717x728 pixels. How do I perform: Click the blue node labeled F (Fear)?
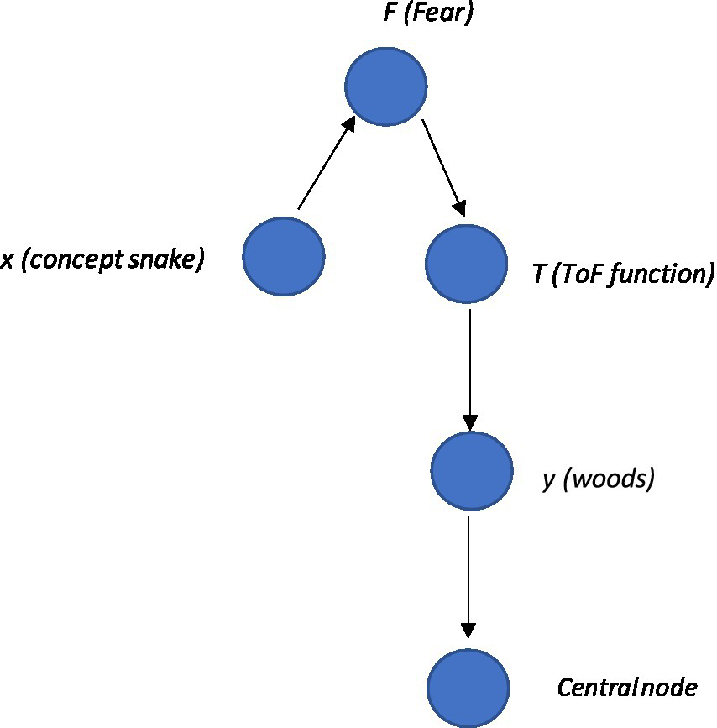[386, 86]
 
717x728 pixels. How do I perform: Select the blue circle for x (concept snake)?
[284, 256]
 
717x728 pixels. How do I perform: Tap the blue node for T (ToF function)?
[466, 264]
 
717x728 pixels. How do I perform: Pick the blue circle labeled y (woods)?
[471, 470]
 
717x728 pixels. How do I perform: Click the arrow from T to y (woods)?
[470, 369]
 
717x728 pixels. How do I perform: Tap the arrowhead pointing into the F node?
[348, 124]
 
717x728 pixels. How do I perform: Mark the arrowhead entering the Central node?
[468, 631]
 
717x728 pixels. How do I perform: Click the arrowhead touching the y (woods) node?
[470, 422]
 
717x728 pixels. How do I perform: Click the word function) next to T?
[664, 275]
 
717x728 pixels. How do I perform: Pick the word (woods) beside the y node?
[608, 481]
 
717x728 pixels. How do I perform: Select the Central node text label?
[626, 689]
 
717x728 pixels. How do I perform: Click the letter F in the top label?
[390, 14]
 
